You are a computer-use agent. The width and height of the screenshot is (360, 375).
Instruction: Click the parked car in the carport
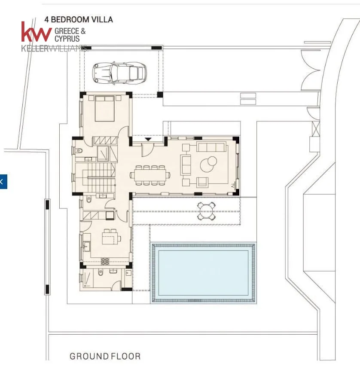click(x=119, y=73)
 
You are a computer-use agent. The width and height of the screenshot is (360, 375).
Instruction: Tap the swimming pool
click(x=203, y=273)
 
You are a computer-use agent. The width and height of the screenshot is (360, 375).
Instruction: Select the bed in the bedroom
click(x=104, y=108)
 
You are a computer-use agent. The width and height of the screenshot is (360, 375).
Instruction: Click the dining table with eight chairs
click(x=150, y=175)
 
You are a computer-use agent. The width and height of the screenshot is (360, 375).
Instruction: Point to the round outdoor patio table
click(x=206, y=211)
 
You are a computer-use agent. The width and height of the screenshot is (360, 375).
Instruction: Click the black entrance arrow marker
click(x=148, y=139)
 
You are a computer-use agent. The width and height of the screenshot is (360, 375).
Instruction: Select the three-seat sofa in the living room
click(x=211, y=146)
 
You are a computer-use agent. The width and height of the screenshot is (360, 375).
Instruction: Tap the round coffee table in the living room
click(x=208, y=164)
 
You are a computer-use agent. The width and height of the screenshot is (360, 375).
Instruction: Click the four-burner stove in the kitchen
click(x=105, y=261)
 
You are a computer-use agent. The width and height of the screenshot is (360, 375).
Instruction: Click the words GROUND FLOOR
click(x=105, y=357)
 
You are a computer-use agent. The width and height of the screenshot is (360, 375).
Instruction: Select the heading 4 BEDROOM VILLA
click(x=79, y=20)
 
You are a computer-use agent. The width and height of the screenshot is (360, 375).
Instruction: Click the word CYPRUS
click(x=67, y=39)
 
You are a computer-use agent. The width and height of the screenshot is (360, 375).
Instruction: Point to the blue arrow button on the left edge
click(x=3, y=182)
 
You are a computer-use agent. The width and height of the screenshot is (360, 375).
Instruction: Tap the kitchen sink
click(x=86, y=246)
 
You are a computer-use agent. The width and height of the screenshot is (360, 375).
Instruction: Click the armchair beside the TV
click(x=202, y=182)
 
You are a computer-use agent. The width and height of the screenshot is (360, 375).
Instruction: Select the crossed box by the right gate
click(x=316, y=129)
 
